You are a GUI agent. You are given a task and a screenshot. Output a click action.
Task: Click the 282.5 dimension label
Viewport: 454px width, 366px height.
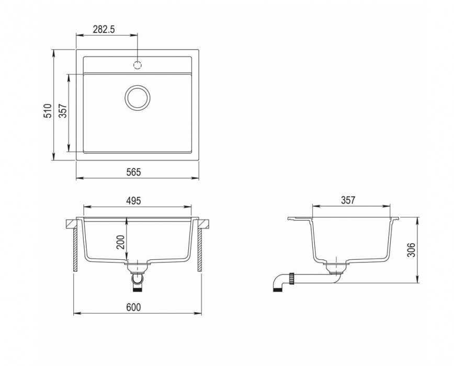(x=104, y=29)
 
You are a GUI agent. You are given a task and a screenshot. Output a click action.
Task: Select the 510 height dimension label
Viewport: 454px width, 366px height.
(x=48, y=110)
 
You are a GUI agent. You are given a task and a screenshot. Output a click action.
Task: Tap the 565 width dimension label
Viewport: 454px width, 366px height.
(x=133, y=172)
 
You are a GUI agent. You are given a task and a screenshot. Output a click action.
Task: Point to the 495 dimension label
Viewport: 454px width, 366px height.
(x=133, y=200)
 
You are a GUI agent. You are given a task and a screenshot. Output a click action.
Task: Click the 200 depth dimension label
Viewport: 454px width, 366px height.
(x=120, y=242)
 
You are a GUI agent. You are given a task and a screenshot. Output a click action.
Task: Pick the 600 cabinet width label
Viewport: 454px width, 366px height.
(x=133, y=307)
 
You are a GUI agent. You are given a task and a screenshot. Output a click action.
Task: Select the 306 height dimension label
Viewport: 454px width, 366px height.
(x=411, y=249)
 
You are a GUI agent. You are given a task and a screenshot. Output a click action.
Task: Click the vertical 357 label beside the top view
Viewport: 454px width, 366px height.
(x=63, y=110)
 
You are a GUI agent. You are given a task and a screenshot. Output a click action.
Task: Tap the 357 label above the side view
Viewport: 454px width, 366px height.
(x=347, y=200)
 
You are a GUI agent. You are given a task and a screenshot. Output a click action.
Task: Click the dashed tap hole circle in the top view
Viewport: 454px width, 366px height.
(x=138, y=65)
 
